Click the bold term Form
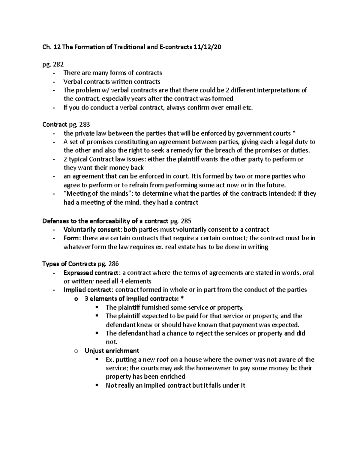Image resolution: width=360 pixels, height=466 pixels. (71, 238)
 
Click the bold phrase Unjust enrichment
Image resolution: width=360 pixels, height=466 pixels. (112, 350)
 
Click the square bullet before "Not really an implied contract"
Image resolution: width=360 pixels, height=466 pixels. (97, 385)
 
